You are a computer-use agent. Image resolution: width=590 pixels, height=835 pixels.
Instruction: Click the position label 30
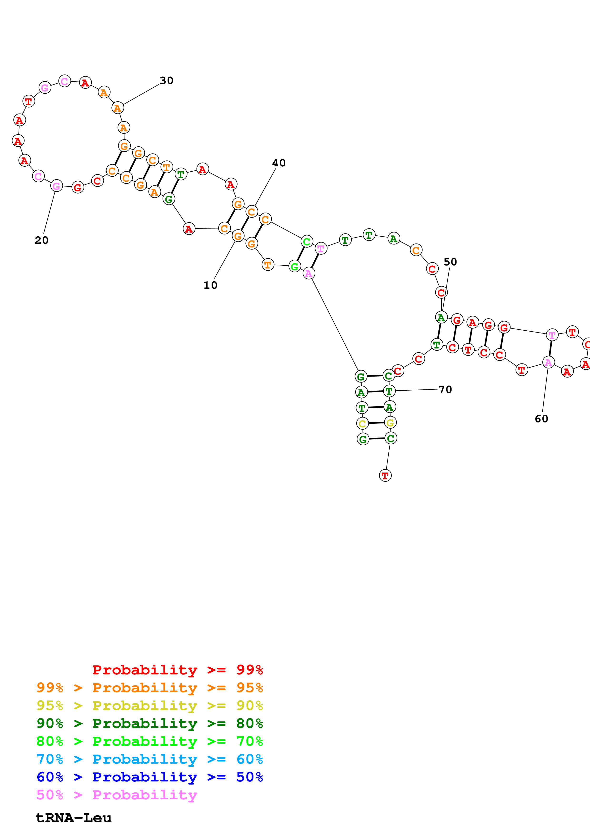pyautogui.click(x=167, y=80)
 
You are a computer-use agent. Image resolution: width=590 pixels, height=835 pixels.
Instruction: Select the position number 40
pyautogui.click(x=279, y=163)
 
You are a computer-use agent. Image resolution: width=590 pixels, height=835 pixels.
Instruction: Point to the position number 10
pyautogui.click(x=210, y=285)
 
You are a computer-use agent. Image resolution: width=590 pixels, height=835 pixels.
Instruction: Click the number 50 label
pyautogui.click(x=450, y=262)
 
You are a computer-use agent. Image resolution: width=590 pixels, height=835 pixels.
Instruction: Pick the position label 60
pyautogui.click(x=541, y=419)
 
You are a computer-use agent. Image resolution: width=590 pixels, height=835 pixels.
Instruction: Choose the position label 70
pyautogui.click(x=445, y=389)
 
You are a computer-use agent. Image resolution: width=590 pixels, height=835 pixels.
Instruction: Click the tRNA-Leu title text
pyautogui.click(x=74, y=818)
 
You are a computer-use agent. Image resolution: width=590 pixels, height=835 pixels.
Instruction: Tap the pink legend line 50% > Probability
pyautogui.click(x=116, y=795)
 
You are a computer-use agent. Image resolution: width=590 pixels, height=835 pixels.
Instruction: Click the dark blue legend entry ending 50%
pyautogui.click(x=149, y=777)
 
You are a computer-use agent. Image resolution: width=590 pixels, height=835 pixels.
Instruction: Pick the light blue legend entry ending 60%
pyautogui.click(x=149, y=759)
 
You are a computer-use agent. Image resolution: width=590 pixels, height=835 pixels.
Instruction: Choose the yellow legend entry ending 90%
pyautogui.click(x=149, y=706)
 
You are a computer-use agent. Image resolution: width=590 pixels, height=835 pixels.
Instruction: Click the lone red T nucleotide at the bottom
pyautogui.click(x=385, y=475)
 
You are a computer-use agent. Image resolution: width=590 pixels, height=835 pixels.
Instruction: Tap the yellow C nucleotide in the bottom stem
pyautogui.click(x=362, y=423)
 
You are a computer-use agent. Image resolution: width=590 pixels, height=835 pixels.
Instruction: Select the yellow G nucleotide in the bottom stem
pyautogui.click(x=390, y=422)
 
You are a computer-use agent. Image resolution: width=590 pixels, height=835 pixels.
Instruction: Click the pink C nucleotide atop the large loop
pyautogui.click(x=65, y=81)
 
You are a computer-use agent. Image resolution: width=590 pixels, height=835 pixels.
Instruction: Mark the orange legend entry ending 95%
pyautogui.click(x=149, y=688)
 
